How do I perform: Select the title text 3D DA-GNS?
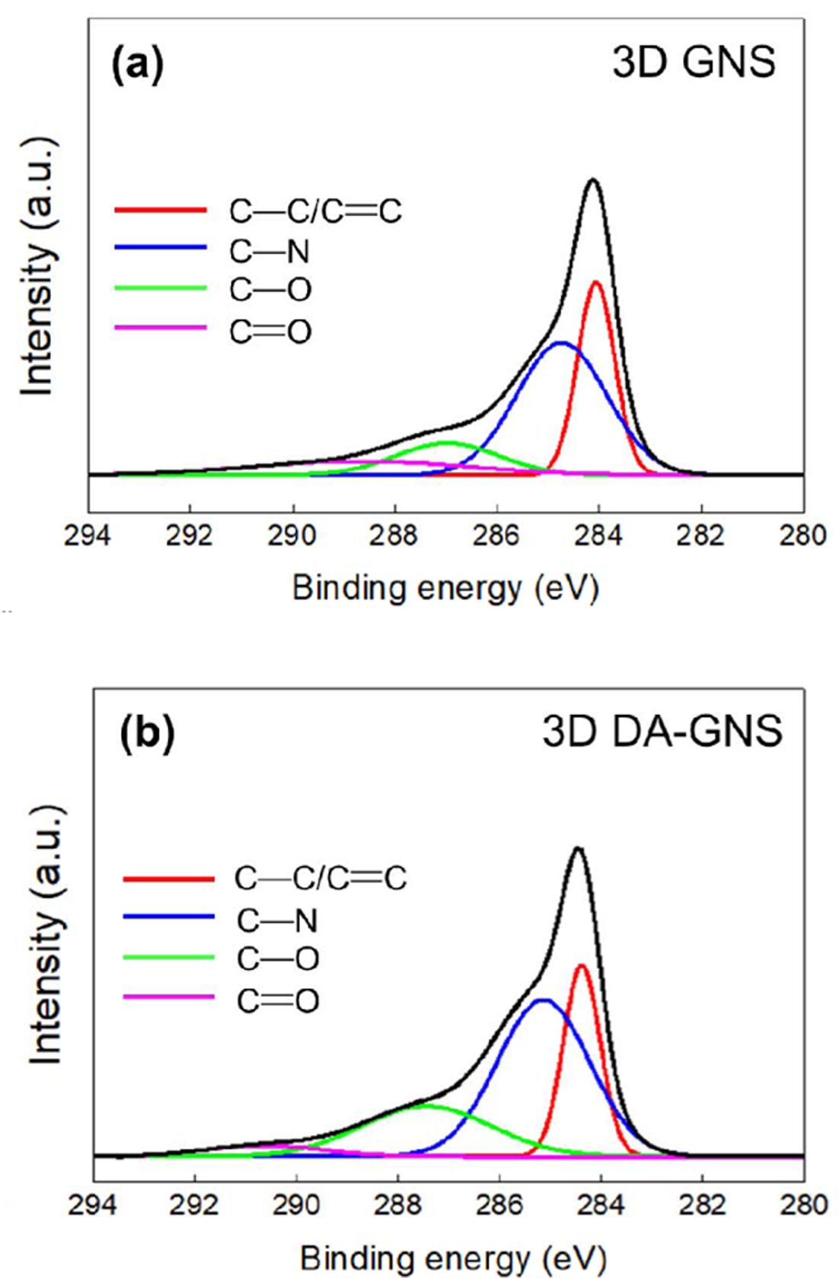click(x=662, y=731)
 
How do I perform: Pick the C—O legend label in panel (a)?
click(x=270, y=291)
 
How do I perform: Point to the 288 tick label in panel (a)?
click(x=394, y=536)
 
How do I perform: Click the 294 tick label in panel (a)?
click(x=89, y=536)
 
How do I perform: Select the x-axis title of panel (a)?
click(x=445, y=589)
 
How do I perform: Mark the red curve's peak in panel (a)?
click(x=595, y=282)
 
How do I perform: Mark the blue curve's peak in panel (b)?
click(x=542, y=1000)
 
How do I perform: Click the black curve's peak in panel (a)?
click(x=593, y=180)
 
